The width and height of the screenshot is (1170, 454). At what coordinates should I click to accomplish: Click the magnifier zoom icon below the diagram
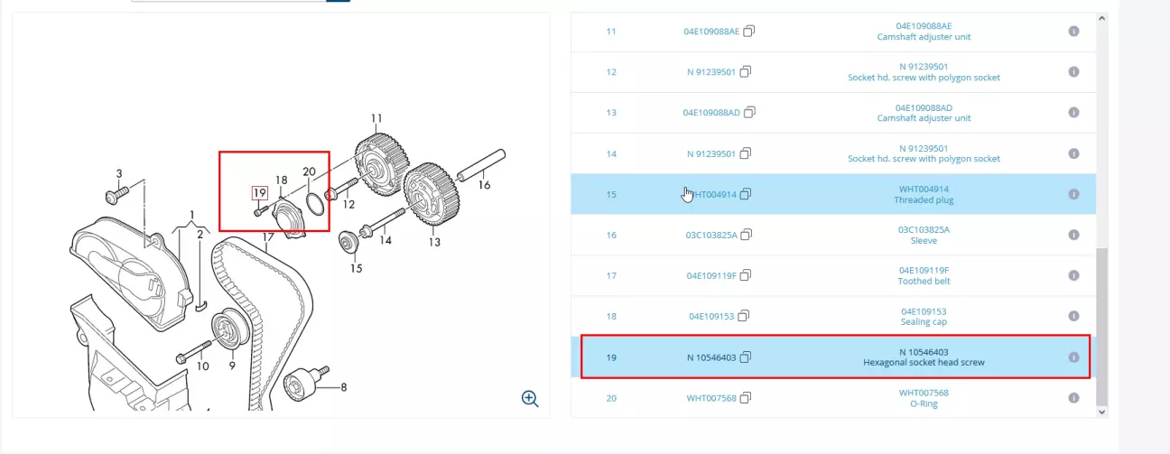click(530, 399)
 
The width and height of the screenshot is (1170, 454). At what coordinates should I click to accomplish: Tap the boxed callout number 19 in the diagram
click(260, 193)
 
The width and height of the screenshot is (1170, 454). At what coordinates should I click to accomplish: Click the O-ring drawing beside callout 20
click(315, 204)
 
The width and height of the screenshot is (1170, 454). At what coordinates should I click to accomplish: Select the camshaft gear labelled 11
click(382, 164)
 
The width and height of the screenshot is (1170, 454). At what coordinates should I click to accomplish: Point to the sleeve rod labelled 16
click(481, 164)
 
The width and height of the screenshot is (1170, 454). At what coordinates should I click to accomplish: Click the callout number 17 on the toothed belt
click(268, 237)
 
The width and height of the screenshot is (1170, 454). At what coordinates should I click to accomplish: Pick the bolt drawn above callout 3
click(116, 196)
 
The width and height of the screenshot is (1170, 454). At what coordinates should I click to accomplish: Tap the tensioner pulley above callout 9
click(230, 329)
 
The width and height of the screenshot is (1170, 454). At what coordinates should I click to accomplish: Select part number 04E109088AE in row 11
click(711, 32)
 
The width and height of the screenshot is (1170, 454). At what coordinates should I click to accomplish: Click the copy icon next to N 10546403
click(746, 357)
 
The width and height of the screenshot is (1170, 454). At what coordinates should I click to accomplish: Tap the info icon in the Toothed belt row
click(1073, 275)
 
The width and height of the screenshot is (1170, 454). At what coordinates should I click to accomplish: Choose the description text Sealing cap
click(924, 322)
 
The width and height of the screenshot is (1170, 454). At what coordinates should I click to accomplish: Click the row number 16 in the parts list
click(611, 235)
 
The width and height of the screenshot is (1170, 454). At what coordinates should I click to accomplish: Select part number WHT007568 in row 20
click(711, 398)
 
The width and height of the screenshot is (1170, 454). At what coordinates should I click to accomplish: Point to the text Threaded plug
click(924, 199)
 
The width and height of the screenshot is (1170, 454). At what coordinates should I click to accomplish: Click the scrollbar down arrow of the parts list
click(1102, 412)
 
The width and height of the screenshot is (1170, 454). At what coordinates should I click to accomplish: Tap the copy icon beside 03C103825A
click(747, 235)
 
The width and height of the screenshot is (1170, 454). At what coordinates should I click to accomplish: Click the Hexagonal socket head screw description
click(924, 362)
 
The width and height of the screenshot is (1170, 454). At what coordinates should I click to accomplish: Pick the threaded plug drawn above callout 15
click(348, 242)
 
